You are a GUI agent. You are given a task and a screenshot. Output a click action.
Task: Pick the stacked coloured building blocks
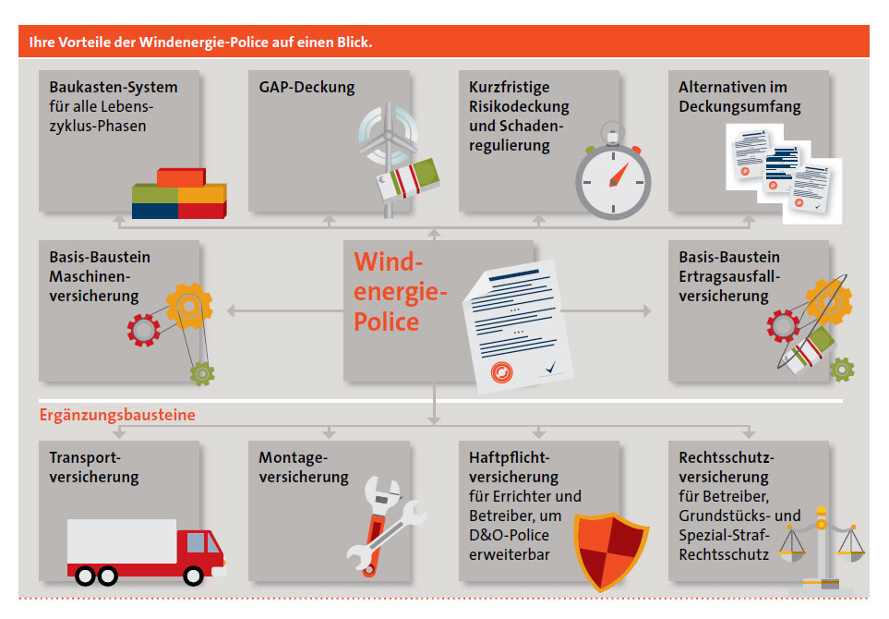click(179, 193)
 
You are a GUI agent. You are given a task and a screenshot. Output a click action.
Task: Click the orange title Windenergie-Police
click(401, 292)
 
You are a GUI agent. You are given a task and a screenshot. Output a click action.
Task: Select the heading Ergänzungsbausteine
click(117, 415)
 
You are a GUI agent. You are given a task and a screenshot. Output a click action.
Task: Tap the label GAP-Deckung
click(306, 88)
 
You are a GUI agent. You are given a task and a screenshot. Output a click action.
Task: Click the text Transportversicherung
click(94, 467)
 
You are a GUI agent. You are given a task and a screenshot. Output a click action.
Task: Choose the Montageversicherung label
click(304, 467)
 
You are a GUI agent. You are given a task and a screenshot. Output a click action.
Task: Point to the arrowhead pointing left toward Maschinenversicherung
click(231, 310)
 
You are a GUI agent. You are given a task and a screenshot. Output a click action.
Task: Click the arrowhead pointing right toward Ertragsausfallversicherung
click(647, 310)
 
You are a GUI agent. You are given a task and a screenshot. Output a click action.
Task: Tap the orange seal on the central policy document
click(502, 372)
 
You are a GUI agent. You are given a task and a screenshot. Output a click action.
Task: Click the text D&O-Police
click(510, 535)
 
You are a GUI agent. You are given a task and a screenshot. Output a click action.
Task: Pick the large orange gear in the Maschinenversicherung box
click(189, 307)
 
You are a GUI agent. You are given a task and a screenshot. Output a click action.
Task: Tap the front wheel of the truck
click(193, 576)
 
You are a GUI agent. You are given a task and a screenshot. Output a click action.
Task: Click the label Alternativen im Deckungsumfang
click(739, 97)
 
